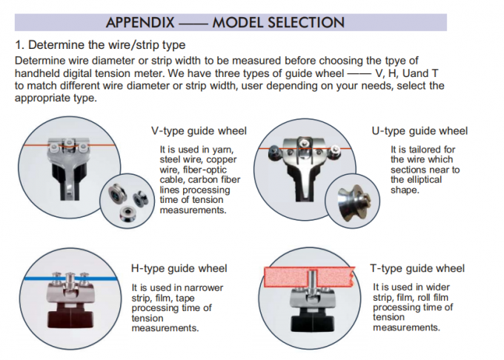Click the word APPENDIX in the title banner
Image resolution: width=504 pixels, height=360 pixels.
140,22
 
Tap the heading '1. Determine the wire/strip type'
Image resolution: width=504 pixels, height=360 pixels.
100,45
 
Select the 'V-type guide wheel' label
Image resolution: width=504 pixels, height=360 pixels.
199,131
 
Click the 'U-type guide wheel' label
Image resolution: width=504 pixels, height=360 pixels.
420,131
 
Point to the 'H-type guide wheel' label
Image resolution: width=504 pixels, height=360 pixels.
179,268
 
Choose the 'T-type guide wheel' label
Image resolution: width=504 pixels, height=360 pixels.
417,268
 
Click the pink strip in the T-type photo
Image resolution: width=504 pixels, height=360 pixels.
310,277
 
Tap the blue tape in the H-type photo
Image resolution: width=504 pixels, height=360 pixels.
70,278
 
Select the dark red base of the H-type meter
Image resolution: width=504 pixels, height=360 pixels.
70,316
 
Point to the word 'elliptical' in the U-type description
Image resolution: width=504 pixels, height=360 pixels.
417,180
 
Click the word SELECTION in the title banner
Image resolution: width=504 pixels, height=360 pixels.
306,22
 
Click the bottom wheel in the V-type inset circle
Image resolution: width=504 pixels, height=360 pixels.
127,214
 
